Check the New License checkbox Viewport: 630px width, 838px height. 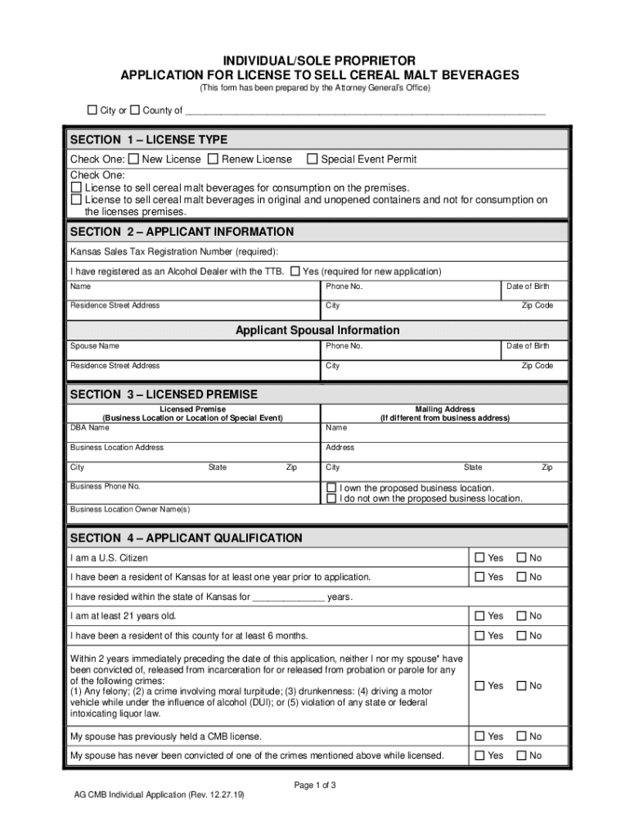click(x=133, y=160)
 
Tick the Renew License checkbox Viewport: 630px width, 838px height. click(x=213, y=160)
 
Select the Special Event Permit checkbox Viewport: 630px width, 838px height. click(x=312, y=160)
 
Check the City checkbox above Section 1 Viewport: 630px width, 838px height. click(x=92, y=110)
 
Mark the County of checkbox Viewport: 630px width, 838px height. click(x=135, y=110)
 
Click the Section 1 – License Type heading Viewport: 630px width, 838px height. click(x=149, y=140)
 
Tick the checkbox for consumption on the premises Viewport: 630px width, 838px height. click(x=76, y=187)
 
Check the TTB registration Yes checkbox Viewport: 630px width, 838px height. click(x=295, y=272)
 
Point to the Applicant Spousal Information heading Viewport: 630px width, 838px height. click(x=317, y=331)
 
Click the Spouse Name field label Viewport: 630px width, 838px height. click(x=94, y=346)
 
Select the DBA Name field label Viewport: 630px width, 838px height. click(x=89, y=427)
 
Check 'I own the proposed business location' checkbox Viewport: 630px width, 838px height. click(x=331, y=489)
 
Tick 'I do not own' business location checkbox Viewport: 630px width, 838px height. click(x=331, y=498)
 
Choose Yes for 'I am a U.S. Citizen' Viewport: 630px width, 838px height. click(x=480, y=558)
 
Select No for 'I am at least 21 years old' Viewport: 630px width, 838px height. click(x=520, y=616)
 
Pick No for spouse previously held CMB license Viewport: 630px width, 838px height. click(x=520, y=737)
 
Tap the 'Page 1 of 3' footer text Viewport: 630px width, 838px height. click(x=315, y=786)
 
